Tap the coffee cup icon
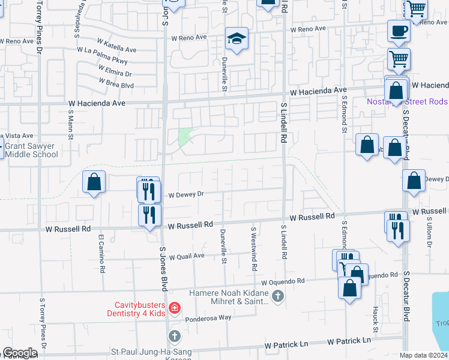tap(398, 31)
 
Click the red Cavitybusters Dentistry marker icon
tap(174, 308)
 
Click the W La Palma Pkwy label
tap(102, 61)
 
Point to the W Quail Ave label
tap(187, 256)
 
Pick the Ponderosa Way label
tap(208, 319)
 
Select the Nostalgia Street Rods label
tap(407, 101)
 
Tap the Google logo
tap(20, 353)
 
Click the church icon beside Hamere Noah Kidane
tap(277, 295)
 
